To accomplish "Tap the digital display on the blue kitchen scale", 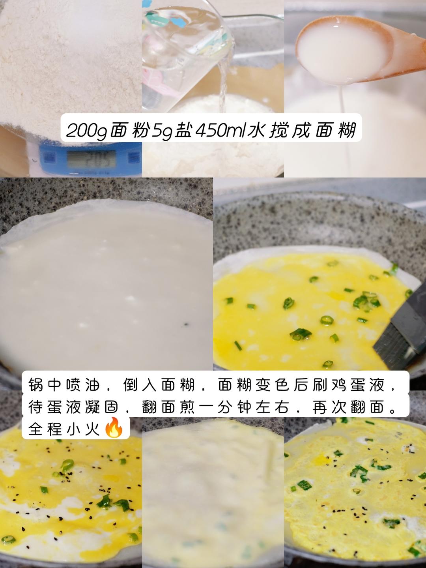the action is (91, 158).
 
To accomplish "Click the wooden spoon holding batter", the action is (356, 48).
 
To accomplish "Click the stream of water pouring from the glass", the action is (222, 83).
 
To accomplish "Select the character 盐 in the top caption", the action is (183, 130).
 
